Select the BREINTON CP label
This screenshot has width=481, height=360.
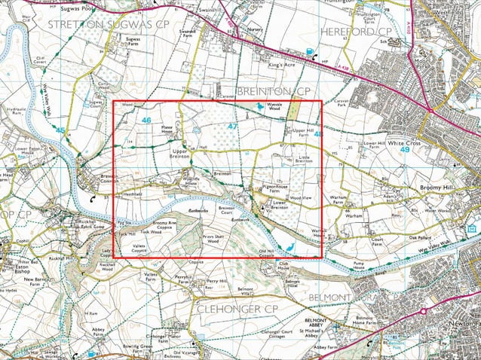(274, 91)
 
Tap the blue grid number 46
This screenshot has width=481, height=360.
(146, 120)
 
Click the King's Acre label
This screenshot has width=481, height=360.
(281, 66)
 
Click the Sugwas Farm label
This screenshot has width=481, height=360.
(133, 40)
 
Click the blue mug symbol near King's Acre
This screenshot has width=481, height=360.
(311, 51)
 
